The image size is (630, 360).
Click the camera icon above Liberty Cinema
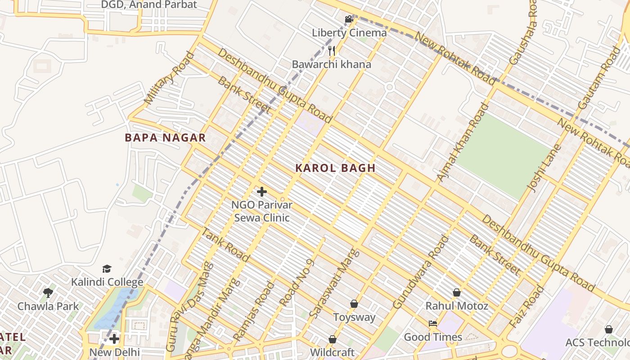[349, 19]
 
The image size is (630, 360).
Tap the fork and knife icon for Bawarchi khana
[332, 50]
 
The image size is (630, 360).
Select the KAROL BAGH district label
[335, 168]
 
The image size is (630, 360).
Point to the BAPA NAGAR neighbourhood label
[165, 138]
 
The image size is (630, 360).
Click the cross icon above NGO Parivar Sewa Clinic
[261, 192]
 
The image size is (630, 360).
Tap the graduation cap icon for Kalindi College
[107, 269]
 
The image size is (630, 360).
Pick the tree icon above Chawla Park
[48, 293]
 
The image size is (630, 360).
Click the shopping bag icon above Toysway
[354, 304]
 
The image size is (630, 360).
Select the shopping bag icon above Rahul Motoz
[457, 292]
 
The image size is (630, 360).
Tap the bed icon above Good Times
[433, 324]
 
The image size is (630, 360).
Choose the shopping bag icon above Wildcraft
[333, 339]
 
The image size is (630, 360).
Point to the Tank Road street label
[225, 245]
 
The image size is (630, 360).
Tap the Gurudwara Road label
[421, 272]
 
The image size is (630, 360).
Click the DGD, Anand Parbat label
[149, 5]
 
